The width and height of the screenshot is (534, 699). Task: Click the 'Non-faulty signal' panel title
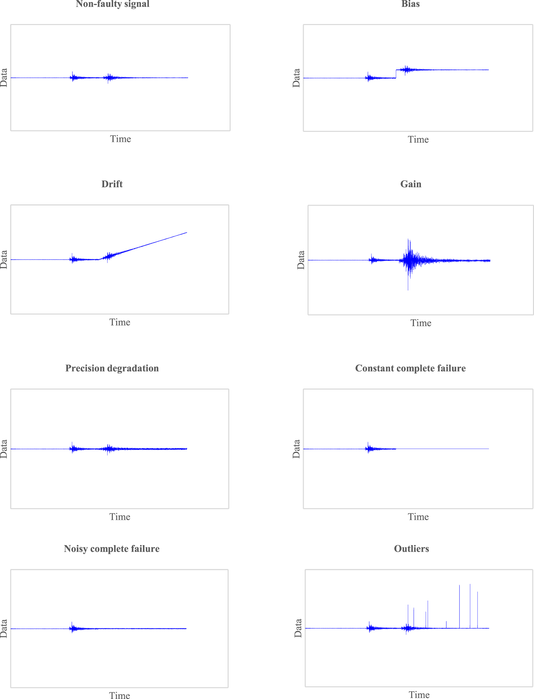(112, 4)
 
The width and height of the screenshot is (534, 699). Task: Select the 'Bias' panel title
(410, 4)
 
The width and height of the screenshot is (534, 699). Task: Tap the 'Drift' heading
(112, 184)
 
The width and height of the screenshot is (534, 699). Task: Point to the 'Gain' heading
(411, 184)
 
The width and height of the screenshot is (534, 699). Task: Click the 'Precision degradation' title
(112, 368)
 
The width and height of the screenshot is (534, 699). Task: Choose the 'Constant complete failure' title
(410, 368)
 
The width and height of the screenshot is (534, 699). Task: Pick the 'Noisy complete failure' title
(111, 548)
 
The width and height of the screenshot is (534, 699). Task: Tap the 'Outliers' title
(411, 548)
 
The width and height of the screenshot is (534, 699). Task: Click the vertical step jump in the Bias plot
(396, 74)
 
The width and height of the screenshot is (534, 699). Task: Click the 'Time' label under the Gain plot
(421, 323)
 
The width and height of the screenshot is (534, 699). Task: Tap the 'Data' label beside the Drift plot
(4, 259)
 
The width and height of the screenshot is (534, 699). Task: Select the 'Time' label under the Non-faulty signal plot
(120, 139)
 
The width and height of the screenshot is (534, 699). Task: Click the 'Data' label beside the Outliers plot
(298, 628)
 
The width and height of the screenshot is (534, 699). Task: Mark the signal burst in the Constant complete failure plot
(369, 449)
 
